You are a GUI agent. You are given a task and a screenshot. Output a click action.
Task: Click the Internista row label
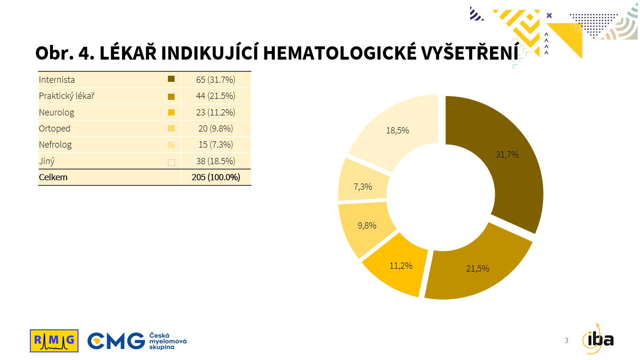click(57, 79)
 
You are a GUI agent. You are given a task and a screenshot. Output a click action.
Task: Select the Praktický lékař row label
click(67, 96)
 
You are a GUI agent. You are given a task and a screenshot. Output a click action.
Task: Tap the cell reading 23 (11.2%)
click(216, 113)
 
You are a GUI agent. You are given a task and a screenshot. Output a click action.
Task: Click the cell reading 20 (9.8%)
click(216, 129)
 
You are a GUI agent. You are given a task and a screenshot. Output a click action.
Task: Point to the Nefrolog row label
click(55, 145)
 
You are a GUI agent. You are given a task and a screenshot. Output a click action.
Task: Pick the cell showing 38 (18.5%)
click(216, 161)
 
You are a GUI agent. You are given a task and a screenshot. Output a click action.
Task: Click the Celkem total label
click(53, 177)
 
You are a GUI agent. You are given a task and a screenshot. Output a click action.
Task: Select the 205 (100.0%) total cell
click(216, 177)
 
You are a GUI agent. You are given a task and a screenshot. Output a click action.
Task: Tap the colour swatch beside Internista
click(171, 79)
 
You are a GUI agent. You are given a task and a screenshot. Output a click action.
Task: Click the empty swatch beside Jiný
click(171, 162)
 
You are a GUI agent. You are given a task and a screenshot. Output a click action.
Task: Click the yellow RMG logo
click(54, 341)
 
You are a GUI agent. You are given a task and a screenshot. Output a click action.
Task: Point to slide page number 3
click(566, 340)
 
